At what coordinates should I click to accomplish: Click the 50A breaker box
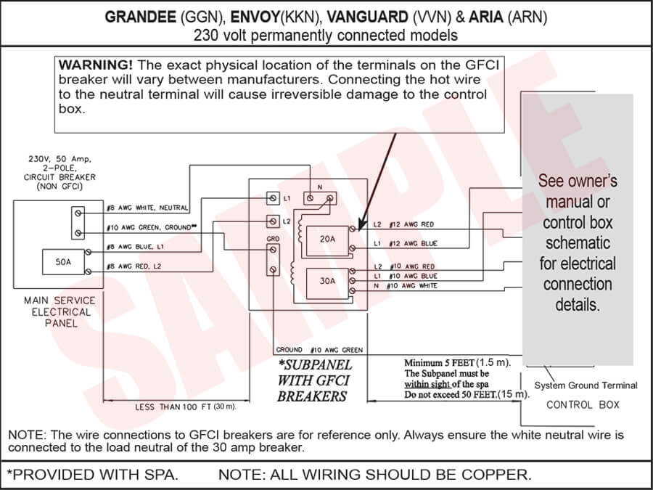coord(63,262)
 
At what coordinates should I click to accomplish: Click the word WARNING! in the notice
coord(95,65)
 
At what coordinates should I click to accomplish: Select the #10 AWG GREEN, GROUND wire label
coord(150,227)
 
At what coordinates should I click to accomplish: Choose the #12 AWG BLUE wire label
coord(413,244)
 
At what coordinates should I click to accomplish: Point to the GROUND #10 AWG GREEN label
coord(319,350)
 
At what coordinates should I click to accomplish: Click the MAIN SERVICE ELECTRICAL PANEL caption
coord(58,311)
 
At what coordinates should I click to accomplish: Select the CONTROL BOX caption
coord(583,404)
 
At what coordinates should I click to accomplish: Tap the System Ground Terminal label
coord(586,385)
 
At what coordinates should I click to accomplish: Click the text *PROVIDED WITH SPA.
coord(92,475)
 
